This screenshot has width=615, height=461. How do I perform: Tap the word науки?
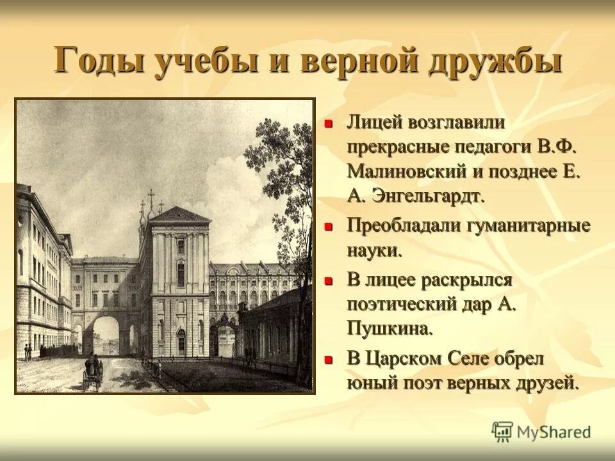click(x=375, y=250)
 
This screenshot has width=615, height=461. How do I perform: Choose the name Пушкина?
click(x=390, y=329)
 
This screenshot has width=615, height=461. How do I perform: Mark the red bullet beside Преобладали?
click(x=329, y=227)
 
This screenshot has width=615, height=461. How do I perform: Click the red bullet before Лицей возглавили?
click(x=329, y=123)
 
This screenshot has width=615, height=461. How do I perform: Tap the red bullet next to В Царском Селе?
click(x=329, y=360)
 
